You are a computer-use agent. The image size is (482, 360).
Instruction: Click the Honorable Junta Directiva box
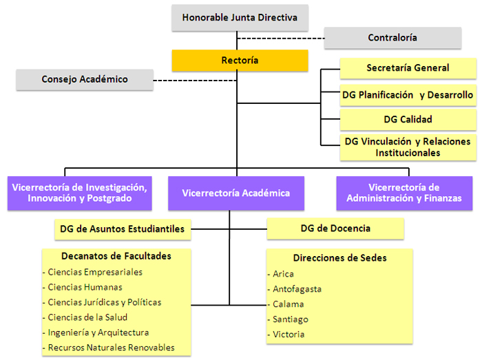(x=240, y=18)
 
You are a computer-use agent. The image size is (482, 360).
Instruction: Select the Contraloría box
(x=392, y=38)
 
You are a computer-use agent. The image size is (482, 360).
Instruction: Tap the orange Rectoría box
(x=240, y=61)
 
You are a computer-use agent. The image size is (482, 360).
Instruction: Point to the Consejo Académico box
(x=85, y=79)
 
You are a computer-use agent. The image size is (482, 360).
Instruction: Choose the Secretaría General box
(x=408, y=68)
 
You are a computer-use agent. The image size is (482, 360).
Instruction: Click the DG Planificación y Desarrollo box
(x=408, y=95)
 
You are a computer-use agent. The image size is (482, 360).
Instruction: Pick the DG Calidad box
(x=408, y=119)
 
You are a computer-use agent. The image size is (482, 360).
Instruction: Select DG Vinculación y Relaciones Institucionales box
(x=408, y=147)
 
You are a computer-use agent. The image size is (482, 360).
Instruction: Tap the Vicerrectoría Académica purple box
(x=236, y=193)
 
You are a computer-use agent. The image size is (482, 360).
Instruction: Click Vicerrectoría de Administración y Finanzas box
(x=404, y=193)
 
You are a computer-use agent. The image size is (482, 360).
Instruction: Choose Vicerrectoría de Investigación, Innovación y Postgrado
(x=79, y=193)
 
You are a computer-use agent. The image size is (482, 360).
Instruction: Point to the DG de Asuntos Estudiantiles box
(x=123, y=229)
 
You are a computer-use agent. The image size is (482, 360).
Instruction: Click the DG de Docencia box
(x=335, y=229)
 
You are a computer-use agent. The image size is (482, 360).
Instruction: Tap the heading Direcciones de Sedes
(x=339, y=258)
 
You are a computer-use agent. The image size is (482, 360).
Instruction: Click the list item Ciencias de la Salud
(x=87, y=317)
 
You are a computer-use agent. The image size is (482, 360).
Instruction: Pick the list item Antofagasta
(x=297, y=289)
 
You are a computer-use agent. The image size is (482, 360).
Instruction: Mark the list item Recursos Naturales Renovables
(x=111, y=348)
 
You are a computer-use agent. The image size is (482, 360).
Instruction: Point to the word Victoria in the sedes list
(x=289, y=335)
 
